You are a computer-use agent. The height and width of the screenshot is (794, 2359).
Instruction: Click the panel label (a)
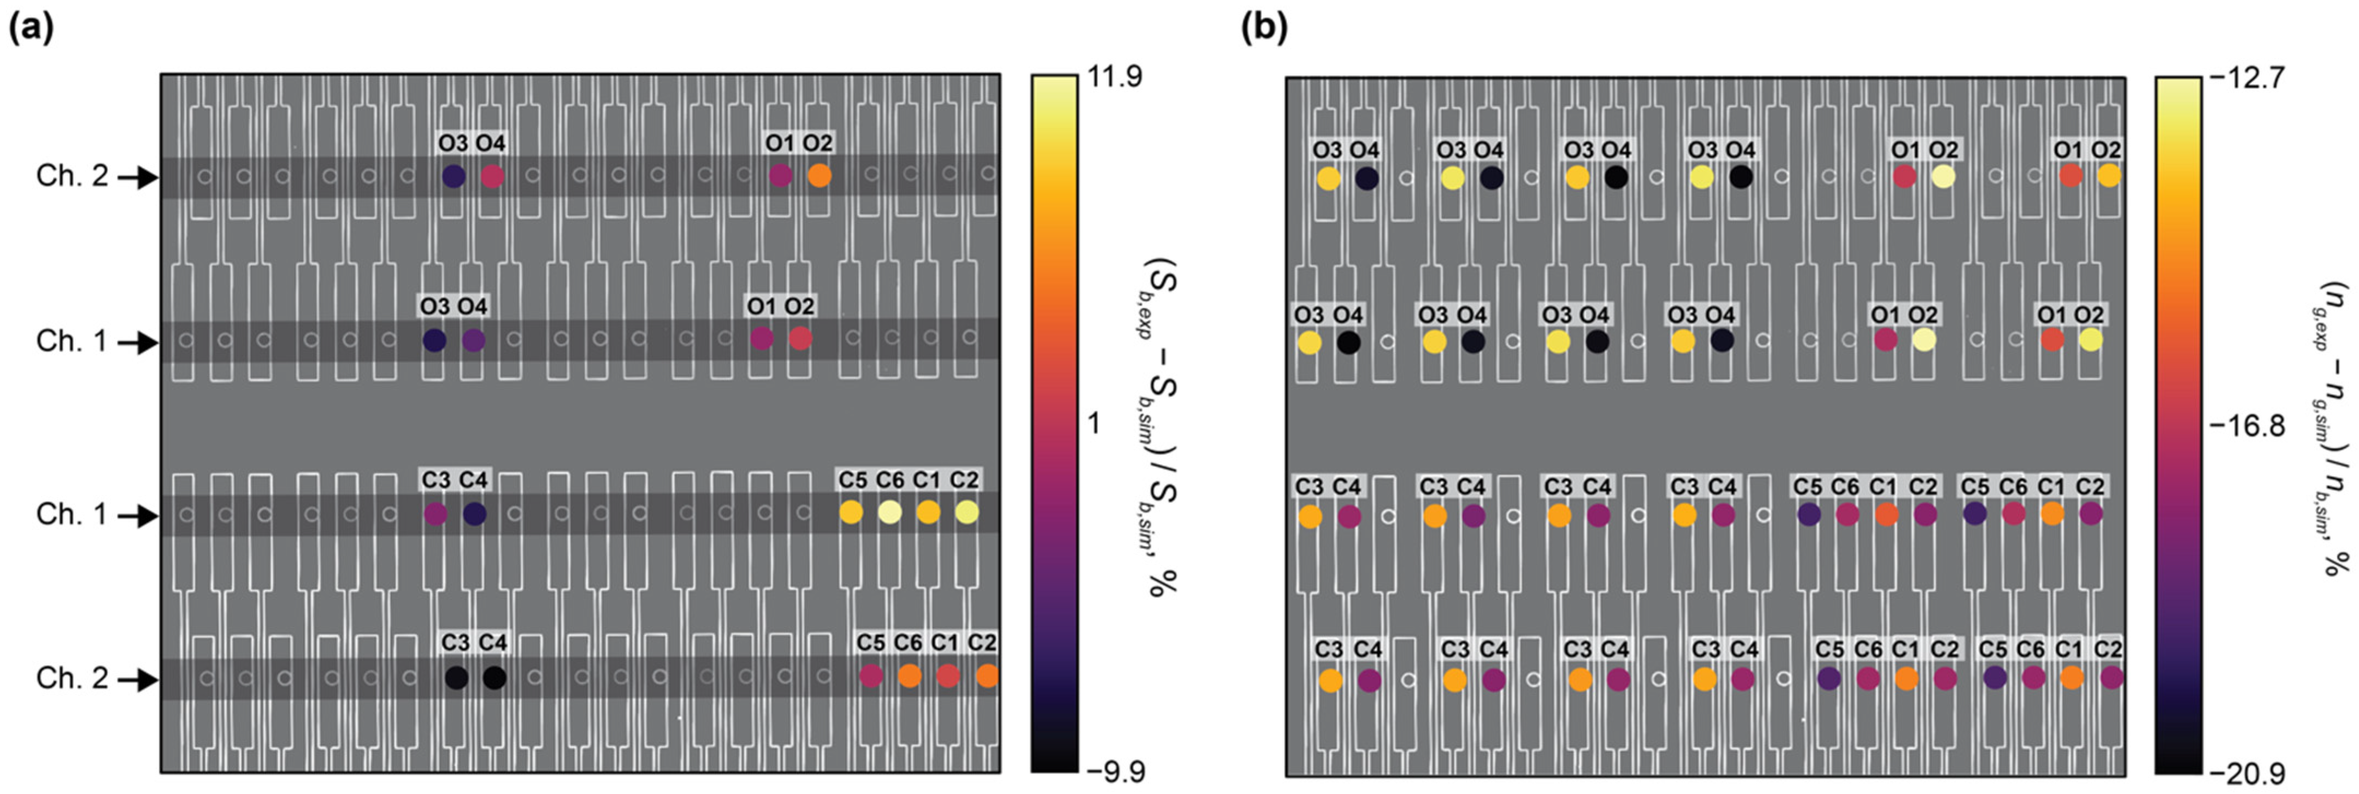pos(30,29)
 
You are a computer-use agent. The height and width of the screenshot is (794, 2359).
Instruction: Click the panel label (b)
pos(1264,29)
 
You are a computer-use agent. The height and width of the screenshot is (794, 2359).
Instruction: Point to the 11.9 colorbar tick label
pos(1114,77)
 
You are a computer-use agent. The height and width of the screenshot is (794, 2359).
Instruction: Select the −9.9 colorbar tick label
pos(1114,772)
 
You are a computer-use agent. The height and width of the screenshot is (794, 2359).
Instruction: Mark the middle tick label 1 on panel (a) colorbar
pos(1093,424)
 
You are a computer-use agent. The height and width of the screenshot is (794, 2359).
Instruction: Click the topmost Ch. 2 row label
pos(72,176)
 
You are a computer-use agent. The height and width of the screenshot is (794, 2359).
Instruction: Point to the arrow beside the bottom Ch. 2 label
pos(135,680)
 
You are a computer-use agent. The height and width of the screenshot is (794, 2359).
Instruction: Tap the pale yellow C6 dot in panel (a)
pos(889,513)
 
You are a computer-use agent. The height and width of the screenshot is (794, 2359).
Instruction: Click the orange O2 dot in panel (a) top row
pos(819,176)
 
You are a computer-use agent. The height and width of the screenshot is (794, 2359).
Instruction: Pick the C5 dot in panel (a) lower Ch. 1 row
pos(851,513)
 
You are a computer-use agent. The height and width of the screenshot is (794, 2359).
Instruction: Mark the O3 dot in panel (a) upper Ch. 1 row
pos(435,341)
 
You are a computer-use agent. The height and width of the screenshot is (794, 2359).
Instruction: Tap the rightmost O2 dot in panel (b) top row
pos(2108,175)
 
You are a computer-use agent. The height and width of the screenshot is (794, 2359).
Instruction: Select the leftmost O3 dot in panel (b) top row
pos(1328,179)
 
